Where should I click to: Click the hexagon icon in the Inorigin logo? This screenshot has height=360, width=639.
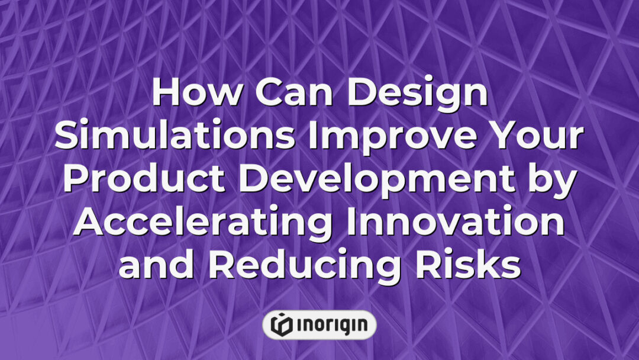click(x=281, y=324)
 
